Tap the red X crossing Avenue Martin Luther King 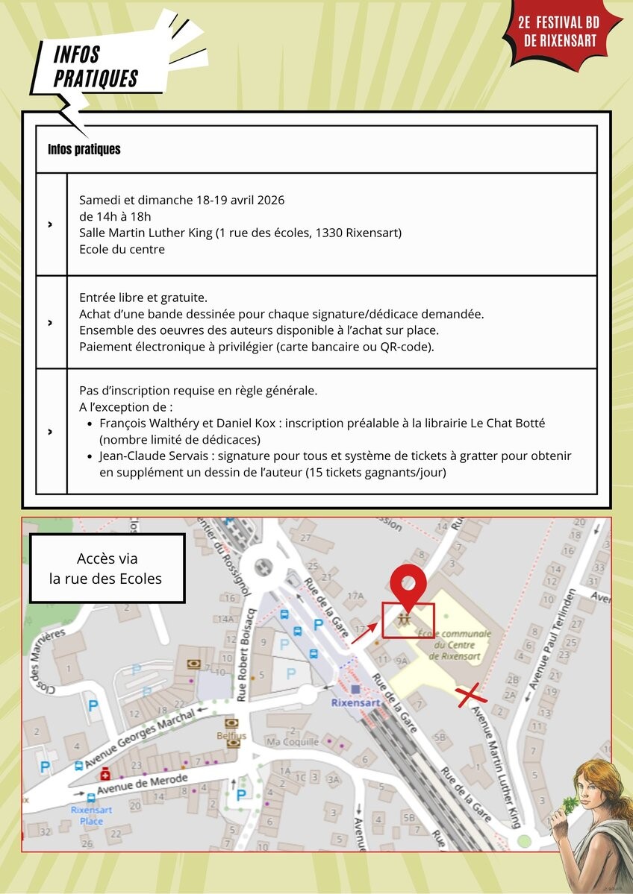coord(473,696)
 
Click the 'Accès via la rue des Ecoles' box coord(107,568)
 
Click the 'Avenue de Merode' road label coord(142,784)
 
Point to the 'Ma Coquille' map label coord(292,741)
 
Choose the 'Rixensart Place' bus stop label coord(91,815)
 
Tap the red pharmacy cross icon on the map coord(106,775)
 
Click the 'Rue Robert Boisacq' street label coord(243,655)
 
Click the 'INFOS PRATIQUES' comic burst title coord(96,67)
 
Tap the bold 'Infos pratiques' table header coord(84,149)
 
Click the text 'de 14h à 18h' coord(115,216)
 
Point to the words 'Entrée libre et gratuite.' coord(143,298)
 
